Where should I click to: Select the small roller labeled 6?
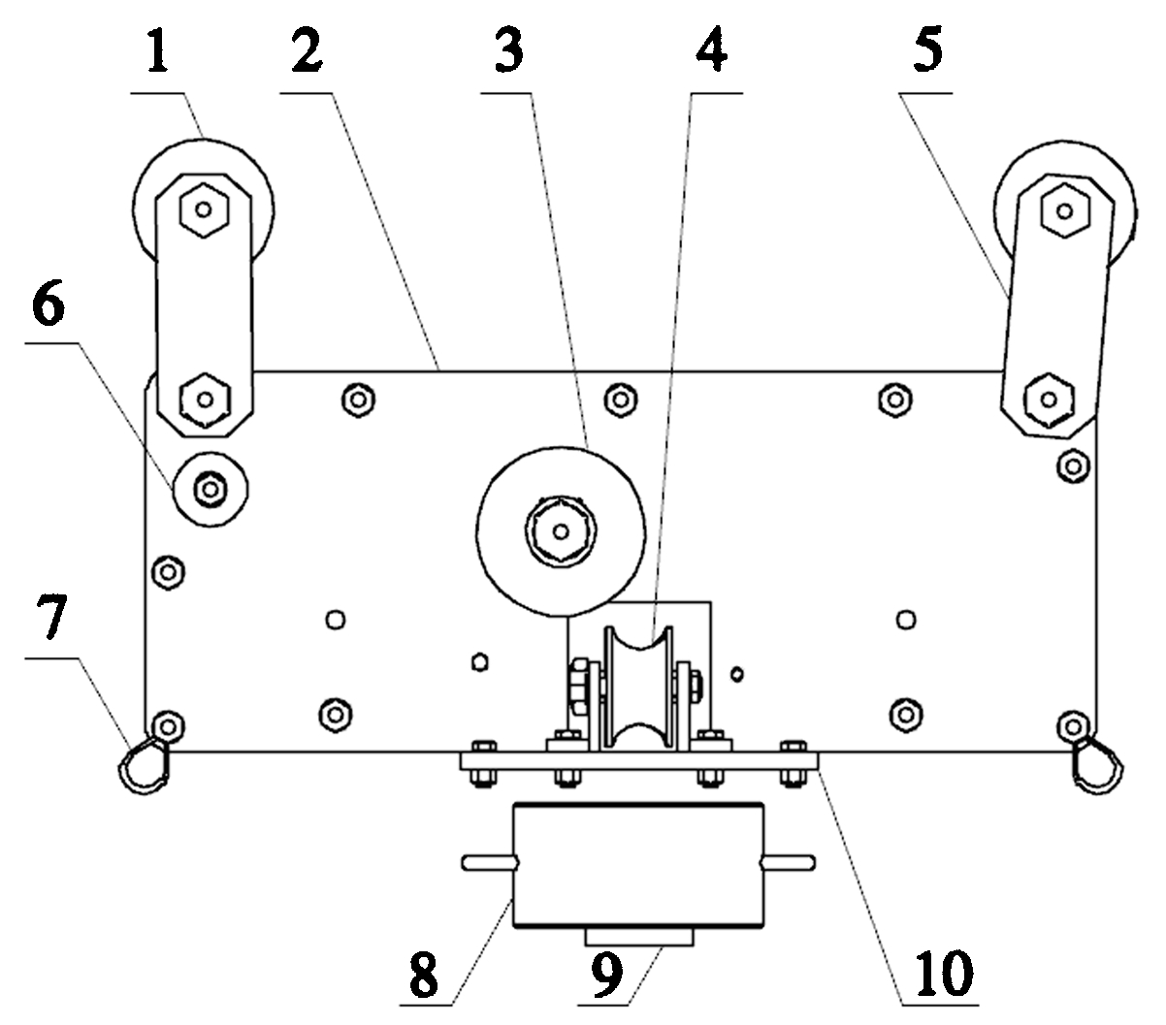pyautogui.click(x=210, y=488)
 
